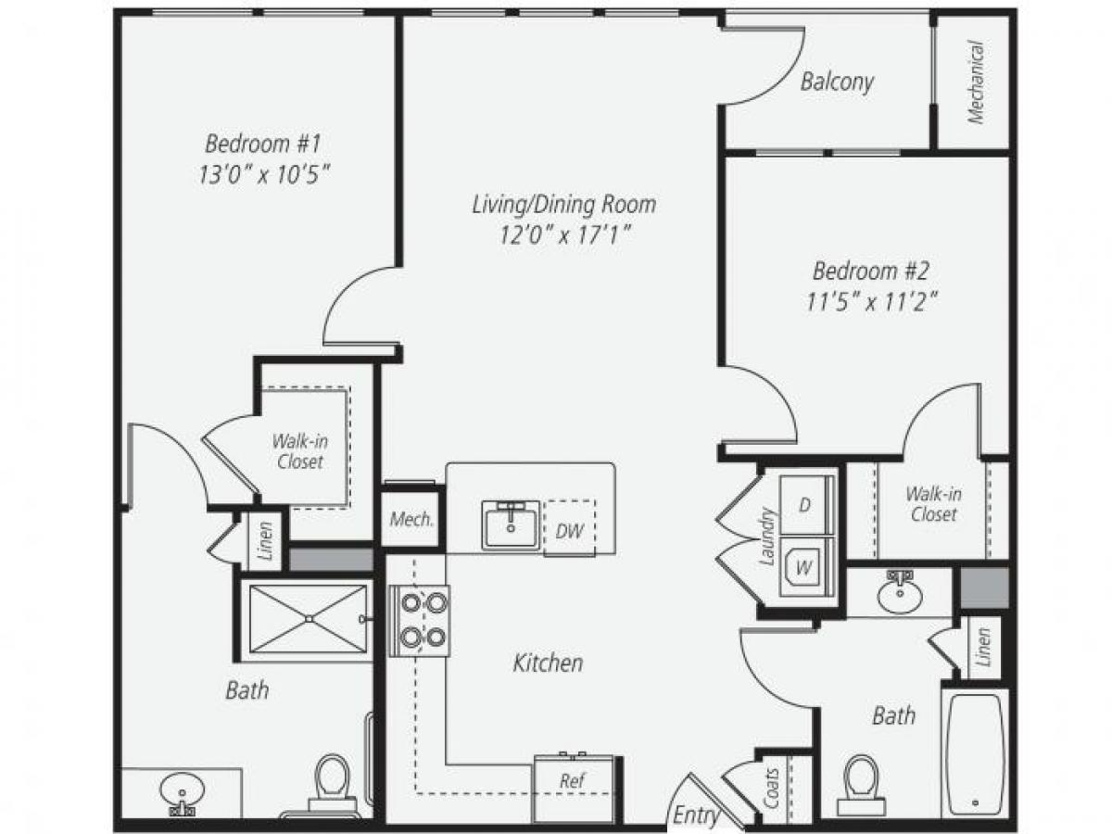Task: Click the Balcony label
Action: [837, 82]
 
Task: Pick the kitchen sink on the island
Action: [510, 524]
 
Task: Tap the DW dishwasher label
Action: [569, 530]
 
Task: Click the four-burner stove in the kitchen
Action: [418, 620]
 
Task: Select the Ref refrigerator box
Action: [573, 782]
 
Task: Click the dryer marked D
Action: [805, 505]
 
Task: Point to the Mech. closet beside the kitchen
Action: [411, 519]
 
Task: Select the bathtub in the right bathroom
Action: [974, 752]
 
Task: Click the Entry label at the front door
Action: [696, 815]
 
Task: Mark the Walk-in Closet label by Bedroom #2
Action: [933, 503]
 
